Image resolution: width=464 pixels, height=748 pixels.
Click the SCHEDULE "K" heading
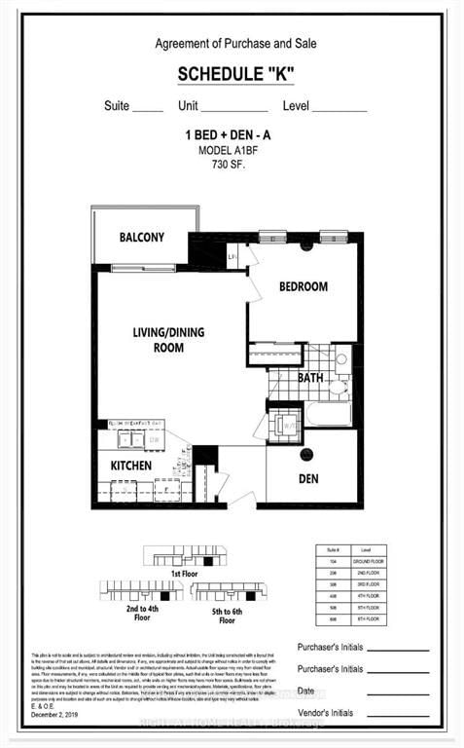[x=234, y=75]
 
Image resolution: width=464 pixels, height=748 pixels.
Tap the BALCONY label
[x=142, y=238]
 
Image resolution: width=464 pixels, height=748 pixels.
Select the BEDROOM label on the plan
[x=303, y=286]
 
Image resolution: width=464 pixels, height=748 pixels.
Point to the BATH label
[x=310, y=377]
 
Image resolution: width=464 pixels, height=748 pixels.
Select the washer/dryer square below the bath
[x=287, y=423]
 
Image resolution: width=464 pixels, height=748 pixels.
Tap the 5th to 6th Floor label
[x=227, y=615]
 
